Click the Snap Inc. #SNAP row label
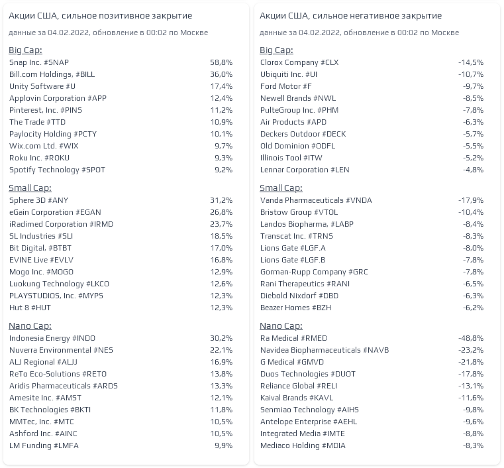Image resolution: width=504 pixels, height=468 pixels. pos(39,62)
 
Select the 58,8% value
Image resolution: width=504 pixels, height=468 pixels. pos(221,62)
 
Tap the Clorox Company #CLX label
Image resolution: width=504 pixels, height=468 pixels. pos(299,62)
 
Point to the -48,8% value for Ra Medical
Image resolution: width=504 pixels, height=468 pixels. pos(471,338)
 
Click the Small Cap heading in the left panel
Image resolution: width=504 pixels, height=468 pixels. pos(30,188)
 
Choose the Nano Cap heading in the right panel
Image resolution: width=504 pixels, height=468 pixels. pos(281,326)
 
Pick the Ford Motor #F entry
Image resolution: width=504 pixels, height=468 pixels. pos(285,86)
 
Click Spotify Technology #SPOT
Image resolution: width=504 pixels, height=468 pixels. pos(57,170)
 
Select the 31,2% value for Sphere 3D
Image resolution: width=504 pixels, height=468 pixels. pos(221,200)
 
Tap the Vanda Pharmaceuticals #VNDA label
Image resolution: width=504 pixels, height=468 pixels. pos(316,200)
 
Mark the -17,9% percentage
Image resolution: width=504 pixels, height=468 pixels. pos(471,200)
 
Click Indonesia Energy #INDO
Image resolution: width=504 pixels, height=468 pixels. pos(52,338)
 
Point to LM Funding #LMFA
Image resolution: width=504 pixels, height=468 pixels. pos(44,445)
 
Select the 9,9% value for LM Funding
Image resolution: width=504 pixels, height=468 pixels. pos(223,445)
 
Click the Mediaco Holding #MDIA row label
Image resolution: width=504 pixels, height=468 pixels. pos(303,445)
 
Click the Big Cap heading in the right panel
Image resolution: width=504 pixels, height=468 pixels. pos(276,50)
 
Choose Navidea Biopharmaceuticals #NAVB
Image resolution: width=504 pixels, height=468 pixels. pos(325,350)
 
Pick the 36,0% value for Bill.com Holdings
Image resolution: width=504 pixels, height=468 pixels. pos(221,74)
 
